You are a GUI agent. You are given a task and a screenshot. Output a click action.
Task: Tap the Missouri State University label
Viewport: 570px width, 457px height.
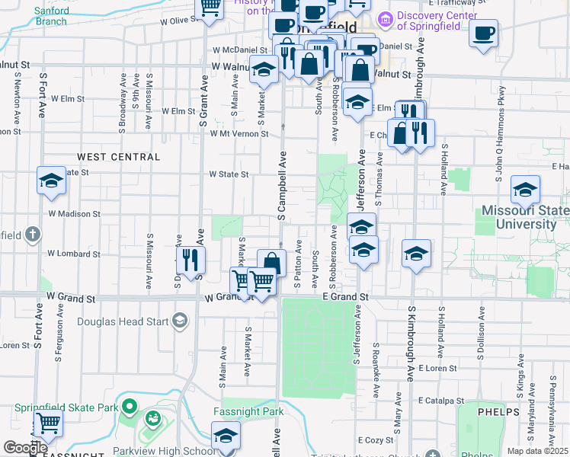point(526,218)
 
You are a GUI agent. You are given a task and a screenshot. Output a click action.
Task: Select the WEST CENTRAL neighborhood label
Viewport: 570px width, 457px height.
point(119,157)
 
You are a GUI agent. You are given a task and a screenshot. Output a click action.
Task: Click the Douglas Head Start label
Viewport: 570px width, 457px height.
point(123,321)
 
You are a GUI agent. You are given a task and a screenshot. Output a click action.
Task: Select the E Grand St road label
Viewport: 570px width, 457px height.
point(345,296)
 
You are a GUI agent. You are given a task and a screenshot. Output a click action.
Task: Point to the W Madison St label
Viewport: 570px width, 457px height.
point(74,214)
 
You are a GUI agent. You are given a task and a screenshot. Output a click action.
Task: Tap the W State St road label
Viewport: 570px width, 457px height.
point(229,174)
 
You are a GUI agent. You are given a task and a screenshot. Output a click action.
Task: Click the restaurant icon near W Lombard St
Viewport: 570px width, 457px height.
point(191,260)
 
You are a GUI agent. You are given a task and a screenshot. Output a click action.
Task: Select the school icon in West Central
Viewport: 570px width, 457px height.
point(51,181)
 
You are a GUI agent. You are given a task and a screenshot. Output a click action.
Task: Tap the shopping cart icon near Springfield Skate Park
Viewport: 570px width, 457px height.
point(49,422)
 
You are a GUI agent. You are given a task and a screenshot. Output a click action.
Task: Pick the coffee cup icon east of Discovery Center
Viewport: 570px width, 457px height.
point(483,33)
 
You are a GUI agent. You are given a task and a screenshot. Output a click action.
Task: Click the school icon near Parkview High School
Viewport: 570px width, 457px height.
point(226,436)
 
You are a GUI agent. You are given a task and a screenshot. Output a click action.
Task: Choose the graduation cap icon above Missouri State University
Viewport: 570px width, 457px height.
point(525,189)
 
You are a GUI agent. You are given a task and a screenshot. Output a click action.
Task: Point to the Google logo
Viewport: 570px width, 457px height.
point(25,449)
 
